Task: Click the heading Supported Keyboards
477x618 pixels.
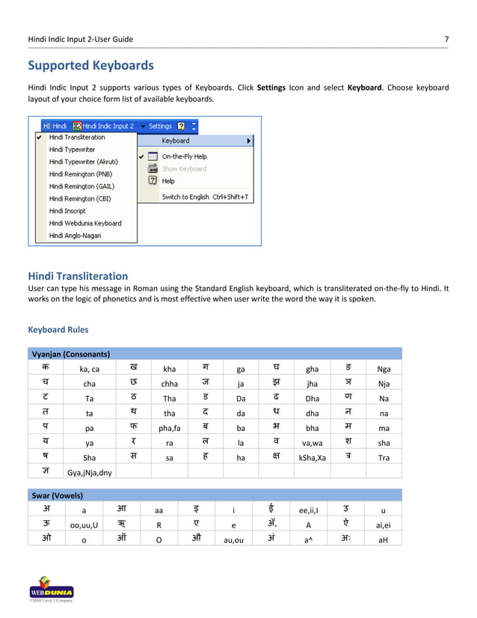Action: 90,65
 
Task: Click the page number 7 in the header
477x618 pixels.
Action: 446,38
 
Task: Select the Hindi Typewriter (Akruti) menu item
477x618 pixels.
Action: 83,162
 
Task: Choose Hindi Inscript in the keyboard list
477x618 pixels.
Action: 67,211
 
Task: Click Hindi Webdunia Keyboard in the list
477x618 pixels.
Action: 84,223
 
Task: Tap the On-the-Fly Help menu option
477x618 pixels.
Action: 184,156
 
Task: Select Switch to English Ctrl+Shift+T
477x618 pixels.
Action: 205,198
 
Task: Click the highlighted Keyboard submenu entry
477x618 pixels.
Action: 176,141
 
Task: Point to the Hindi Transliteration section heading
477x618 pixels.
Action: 78,276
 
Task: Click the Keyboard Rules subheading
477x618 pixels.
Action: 58,329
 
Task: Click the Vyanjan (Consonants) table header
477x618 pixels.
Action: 70,354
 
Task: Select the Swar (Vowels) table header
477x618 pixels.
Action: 57,495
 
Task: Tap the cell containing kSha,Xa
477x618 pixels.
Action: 312,458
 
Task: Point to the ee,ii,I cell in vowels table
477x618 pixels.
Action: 309,512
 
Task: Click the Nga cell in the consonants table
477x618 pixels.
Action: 384,369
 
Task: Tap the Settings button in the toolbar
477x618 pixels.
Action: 160,126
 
